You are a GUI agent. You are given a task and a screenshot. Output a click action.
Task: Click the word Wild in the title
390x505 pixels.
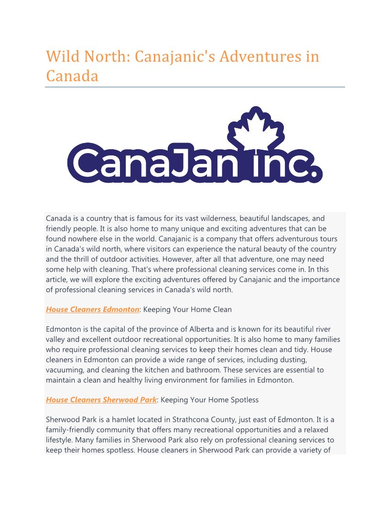pos(63,56)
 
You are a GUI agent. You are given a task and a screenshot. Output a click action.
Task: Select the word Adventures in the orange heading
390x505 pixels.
pos(259,56)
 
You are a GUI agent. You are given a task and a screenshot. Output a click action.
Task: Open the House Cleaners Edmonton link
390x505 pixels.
pos(92,309)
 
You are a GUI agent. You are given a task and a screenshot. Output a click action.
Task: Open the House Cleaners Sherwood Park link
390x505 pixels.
pos(101,400)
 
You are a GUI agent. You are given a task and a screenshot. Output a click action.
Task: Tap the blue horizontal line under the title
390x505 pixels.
pos(195,87)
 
